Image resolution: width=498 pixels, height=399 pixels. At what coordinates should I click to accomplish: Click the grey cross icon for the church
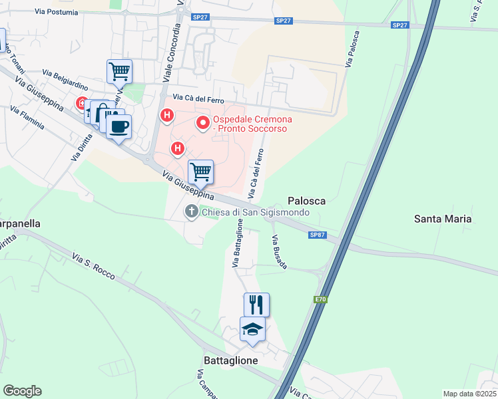coord(191,212)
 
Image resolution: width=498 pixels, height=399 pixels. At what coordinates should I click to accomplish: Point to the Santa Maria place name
coord(443,218)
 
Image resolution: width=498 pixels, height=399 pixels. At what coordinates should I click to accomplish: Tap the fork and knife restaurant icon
coord(256,305)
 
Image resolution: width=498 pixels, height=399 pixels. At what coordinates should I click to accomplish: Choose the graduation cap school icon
coord(252,329)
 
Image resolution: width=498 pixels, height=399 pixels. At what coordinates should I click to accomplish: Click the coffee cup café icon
coord(119,126)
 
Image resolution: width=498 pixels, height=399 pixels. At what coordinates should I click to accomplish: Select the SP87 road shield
coord(317,234)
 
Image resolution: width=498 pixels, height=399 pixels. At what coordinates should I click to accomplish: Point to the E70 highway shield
coord(320,300)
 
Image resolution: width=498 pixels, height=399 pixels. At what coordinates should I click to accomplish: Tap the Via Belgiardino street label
coord(65,78)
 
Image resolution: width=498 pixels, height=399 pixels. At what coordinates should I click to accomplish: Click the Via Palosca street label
coord(352,48)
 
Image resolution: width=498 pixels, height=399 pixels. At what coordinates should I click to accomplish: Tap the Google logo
coord(22,391)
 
